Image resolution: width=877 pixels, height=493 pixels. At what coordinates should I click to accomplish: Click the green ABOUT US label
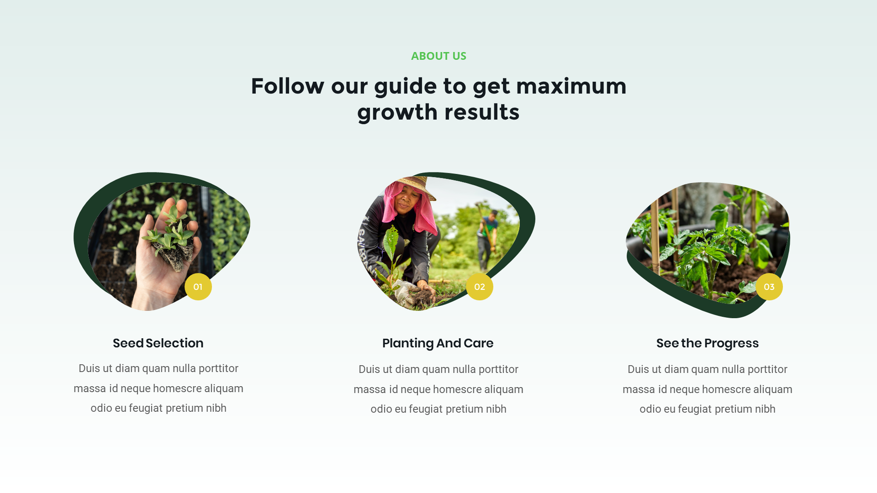point(438,56)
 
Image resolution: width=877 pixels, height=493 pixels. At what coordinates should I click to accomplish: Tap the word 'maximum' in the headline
point(571,86)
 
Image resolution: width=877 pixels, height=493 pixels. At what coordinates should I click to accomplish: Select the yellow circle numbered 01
point(198,287)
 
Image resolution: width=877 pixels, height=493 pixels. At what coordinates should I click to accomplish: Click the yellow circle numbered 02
point(479,287)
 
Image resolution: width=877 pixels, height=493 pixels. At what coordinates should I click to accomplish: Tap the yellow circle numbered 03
point(769,287)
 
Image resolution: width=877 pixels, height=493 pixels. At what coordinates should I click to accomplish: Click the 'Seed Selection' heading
point(158,343)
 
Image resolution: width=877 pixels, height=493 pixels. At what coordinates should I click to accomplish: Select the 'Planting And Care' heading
point(438,343)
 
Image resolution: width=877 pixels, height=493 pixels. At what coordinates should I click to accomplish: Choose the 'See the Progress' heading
point(707,343)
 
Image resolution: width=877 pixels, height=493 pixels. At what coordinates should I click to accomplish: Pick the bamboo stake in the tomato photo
point(655,237)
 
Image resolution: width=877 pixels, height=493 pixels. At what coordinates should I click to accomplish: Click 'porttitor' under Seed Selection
point(218,368)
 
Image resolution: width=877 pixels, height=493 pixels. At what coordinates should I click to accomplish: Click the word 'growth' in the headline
point(397,112)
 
